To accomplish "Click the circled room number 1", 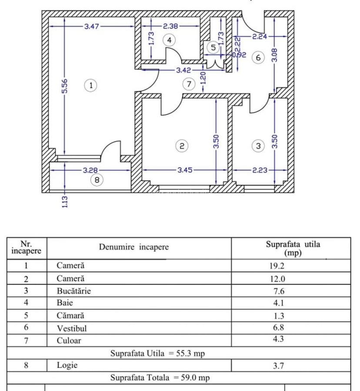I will coord(91,85).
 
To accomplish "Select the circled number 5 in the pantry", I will coord(213,47).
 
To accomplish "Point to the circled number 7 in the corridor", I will coord(189,84).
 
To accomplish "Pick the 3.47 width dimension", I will coord(92,27).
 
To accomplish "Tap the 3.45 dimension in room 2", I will coord(185,170).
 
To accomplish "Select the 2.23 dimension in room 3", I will coord(260,170).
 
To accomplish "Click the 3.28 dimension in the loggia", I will coord(91,170).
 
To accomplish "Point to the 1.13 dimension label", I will coord(65,201).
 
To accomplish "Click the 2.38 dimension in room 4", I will coord(171,27).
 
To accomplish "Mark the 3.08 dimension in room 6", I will coord(274,55).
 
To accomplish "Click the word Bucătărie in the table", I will coord(74,291).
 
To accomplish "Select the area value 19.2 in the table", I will coord(277,266).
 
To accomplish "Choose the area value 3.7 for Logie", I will coord(278,366).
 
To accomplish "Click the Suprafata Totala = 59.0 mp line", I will coord(160,378).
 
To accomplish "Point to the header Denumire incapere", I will coord(133,247).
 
